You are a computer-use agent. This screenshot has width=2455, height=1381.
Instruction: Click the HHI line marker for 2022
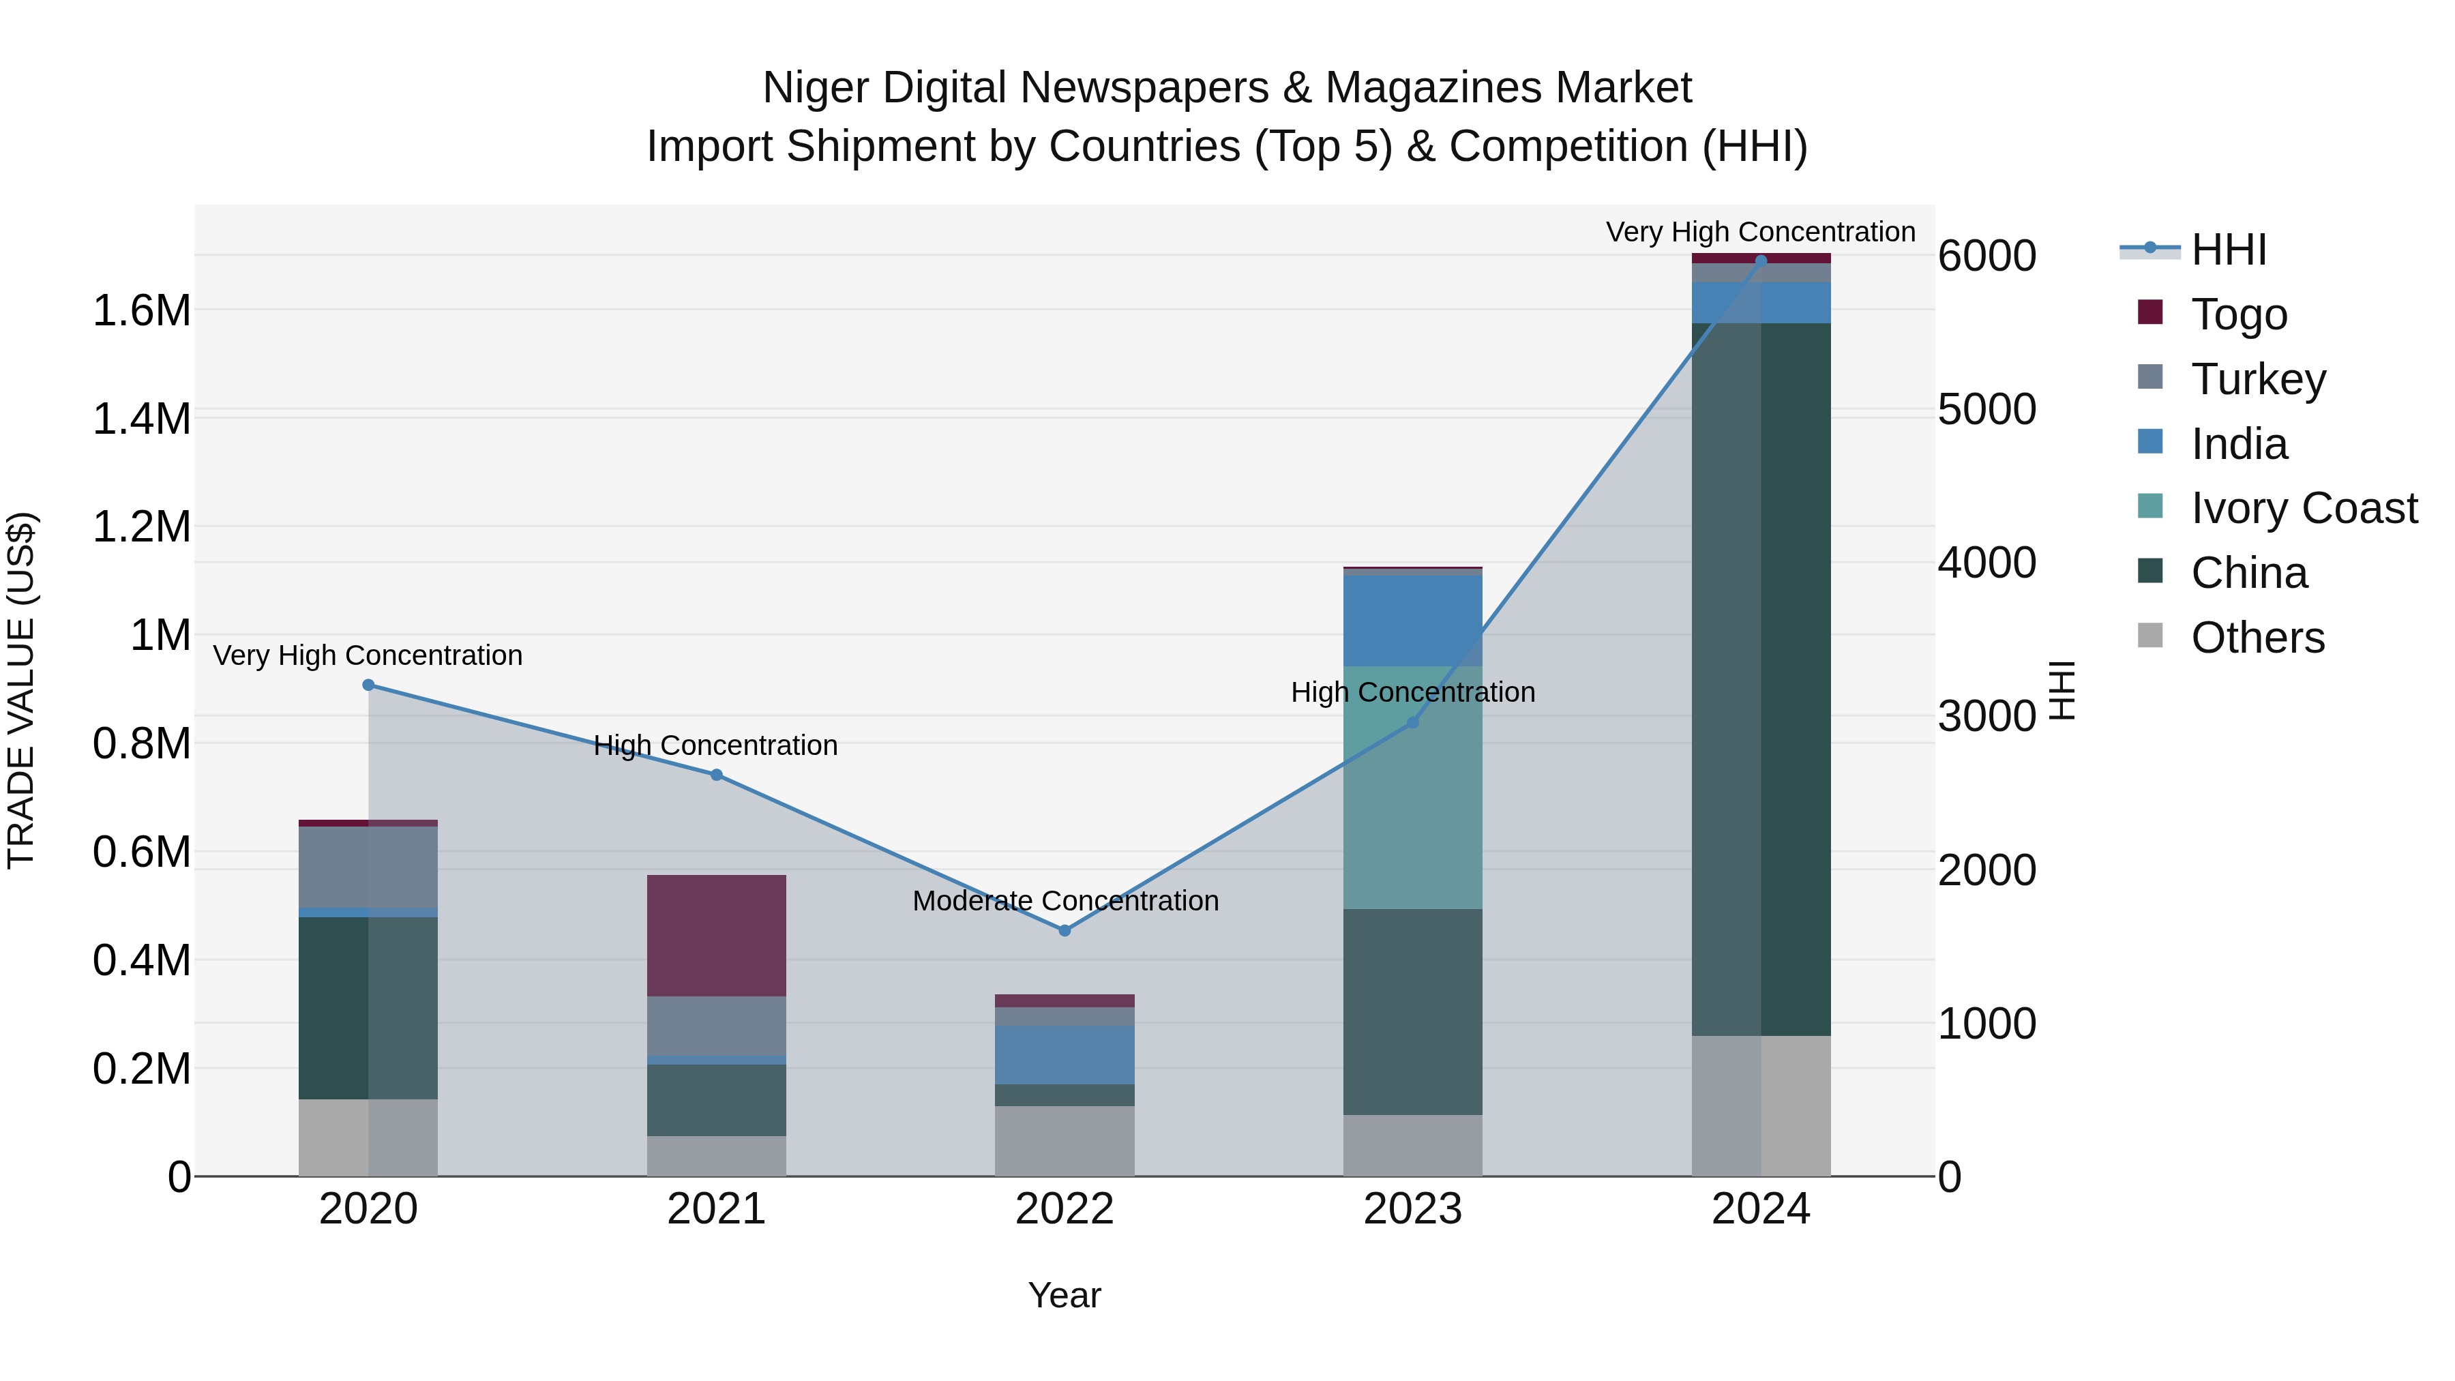pos(1065,930)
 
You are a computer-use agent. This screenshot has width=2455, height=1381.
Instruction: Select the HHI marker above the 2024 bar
pos(1761,261)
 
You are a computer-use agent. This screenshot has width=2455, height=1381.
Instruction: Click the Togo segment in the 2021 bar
pos(717,935)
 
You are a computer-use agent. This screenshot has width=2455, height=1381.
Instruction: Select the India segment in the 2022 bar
pos(1065,1054)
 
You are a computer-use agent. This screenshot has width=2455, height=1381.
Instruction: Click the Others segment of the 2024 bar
pos(1761,1105)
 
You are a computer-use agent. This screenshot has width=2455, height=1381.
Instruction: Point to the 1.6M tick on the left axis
pos(141,311)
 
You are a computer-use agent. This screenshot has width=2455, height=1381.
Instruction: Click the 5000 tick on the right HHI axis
pos(1987,409)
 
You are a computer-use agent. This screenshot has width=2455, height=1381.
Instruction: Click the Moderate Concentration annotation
pos(1065,901)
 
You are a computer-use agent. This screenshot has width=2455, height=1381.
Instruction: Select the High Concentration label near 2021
pos(716,745)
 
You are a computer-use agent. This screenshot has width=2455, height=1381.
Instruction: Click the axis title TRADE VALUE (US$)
pos(21,690)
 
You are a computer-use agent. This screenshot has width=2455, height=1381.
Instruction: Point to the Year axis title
pos(1065,1295)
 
